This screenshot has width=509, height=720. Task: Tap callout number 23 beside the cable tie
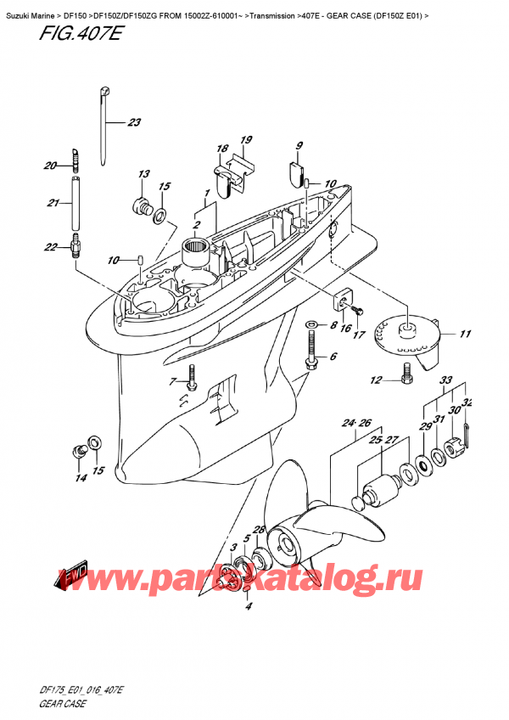coord(133,122)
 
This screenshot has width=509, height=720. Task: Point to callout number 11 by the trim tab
coord(464,335)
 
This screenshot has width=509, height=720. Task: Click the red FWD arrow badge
coord(75,577)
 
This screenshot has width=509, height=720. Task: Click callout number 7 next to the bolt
coord(173,380)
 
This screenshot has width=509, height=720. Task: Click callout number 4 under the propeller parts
coord(248,605)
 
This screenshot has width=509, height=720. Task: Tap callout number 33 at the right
coord(446,380)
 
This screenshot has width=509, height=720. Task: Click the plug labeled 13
coord(139,205)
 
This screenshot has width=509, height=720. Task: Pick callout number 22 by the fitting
coord(51,247)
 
